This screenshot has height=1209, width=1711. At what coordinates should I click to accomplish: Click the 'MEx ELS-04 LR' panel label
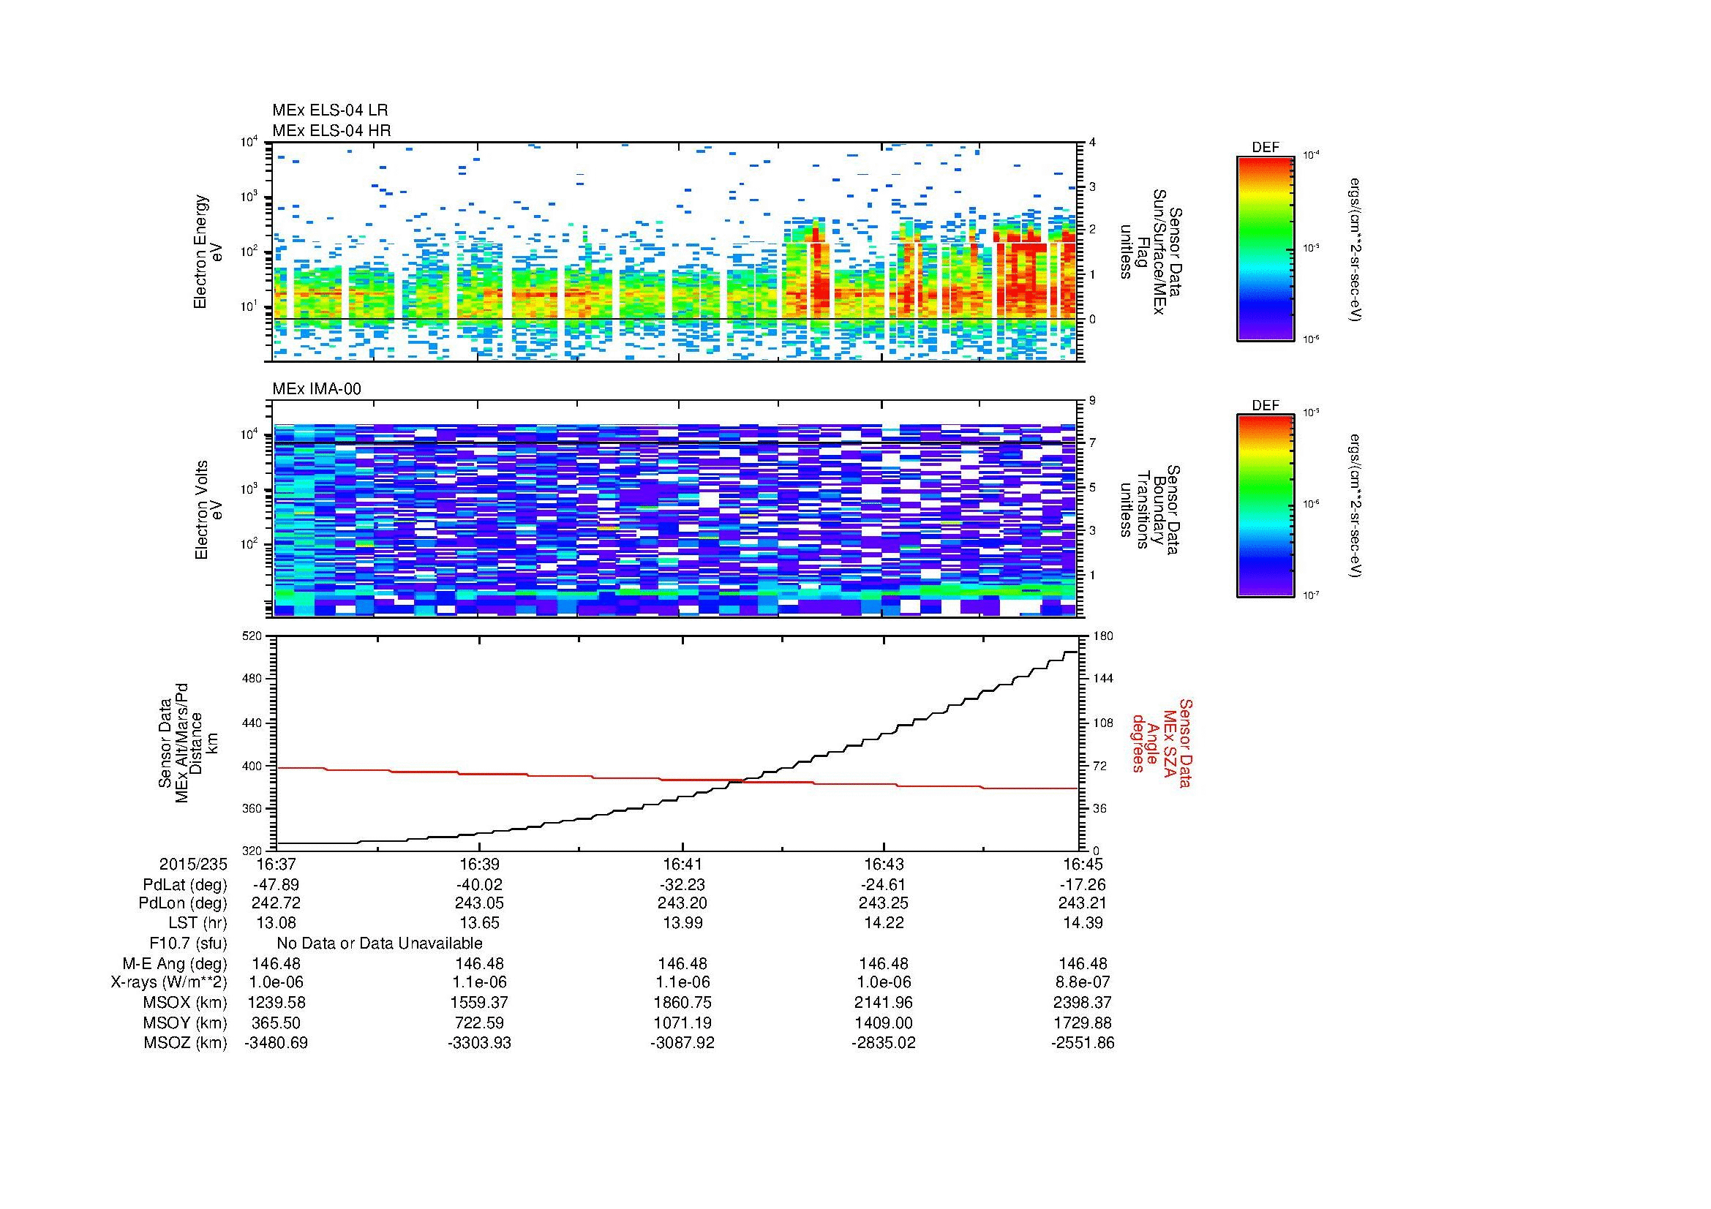tap(329, 110)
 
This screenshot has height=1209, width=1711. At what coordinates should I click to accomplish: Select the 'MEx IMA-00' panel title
tap(316, 389)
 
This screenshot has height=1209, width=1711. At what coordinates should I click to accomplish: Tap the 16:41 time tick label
tap(682, 865)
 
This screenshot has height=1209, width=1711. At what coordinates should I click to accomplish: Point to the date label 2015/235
tap(192, 865)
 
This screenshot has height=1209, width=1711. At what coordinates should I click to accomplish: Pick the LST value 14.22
tap(883, 923)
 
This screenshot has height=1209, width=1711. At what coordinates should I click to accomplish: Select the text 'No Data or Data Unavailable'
tap(380, 943)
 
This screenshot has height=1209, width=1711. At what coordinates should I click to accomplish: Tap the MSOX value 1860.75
tap(682, 1003)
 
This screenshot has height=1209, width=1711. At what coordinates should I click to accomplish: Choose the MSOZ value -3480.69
tap(276, 1043)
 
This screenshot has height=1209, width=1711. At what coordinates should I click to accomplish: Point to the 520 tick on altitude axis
tap(253, 636)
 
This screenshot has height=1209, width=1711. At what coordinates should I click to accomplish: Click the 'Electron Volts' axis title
tap(200, 511)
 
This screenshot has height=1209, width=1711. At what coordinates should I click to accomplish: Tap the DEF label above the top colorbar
tap(1265, 148)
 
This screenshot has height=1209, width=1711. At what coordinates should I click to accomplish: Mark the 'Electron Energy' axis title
tap(200, 252)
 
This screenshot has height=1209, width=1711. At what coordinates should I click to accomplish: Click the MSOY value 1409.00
tap(883, 1022)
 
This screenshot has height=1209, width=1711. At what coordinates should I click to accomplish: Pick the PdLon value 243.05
tap(479, 903)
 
